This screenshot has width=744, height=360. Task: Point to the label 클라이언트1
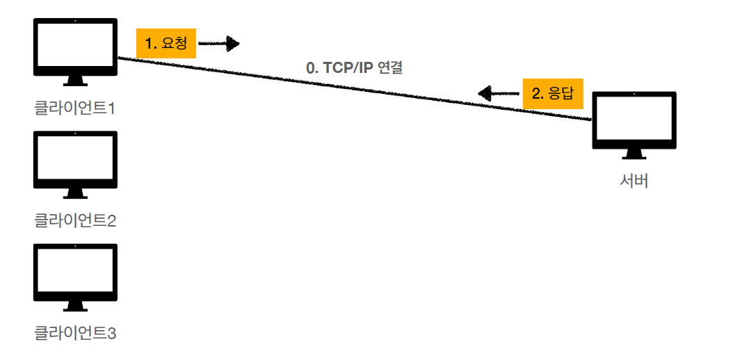click(x=75, y=108)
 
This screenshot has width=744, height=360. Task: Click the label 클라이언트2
click(x=75, y=221)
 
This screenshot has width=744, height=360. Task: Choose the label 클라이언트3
click(x=75, y=334)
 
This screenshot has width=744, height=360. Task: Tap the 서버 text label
click(x=634, y=182)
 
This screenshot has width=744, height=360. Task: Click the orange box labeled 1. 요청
click(x=166, y=44)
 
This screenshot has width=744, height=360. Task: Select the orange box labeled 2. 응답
click(x=553, y=93)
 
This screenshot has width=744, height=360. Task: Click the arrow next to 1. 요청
click(x=219, y=44)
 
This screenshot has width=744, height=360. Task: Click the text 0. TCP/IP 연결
click(x=355, y=69)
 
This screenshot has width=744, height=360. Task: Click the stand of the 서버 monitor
click(x=634, y=154)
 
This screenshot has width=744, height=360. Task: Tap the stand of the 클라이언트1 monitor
click(x=75, y=81)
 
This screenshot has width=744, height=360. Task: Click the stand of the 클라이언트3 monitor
click(x=75, y=306)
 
